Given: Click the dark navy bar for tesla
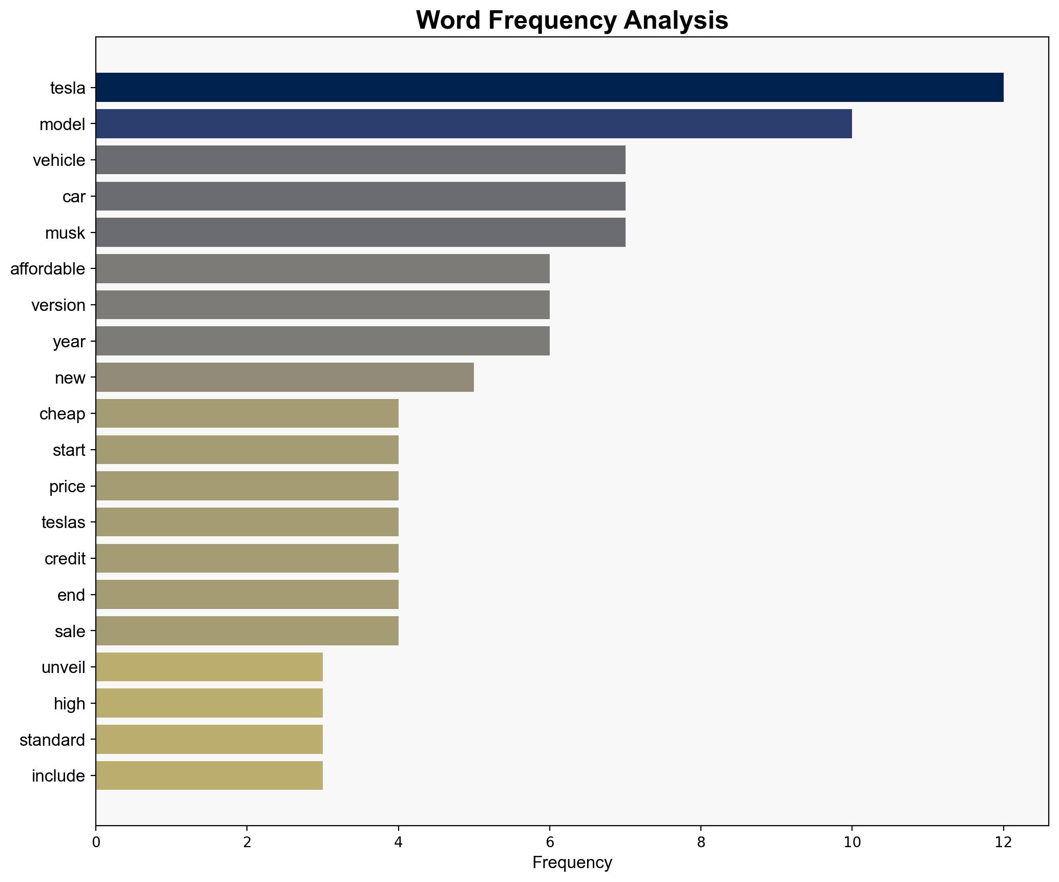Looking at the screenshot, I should pos(549,88).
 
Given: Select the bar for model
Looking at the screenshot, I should pos(473,124).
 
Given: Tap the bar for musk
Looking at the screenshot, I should pos(360,233).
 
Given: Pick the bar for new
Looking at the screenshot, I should pos(284,377).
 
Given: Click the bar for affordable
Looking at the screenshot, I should pos(322,269).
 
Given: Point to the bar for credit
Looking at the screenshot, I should pos(247,558).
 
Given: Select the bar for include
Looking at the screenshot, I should pos(209,775).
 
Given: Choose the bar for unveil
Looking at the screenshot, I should pos(209,667).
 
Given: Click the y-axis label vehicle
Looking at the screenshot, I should pos(59,161).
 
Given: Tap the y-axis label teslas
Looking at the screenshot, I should pos(63,522).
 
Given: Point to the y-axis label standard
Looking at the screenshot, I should pos(52,740).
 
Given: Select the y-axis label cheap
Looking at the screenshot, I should pos(62,414).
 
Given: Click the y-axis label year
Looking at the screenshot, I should pos(69,342).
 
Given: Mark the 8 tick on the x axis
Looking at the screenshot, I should pos(701,842).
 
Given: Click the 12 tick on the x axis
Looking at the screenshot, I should pos(1003,842).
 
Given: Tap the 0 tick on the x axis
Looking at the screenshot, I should pos(96,842).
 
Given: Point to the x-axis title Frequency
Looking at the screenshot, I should pos(572,863).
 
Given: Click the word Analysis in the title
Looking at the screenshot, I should pos(676,20).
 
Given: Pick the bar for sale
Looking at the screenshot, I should pos(247,631).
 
